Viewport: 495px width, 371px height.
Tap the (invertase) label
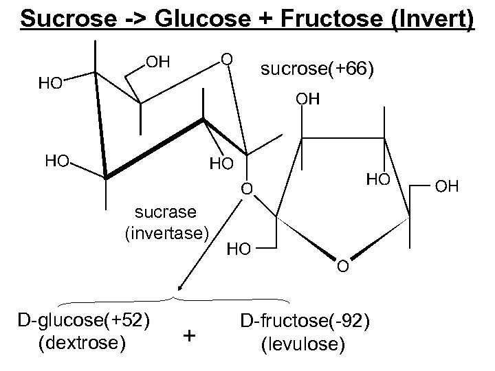click(166, 232)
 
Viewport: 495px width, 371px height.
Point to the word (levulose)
click(304, 342)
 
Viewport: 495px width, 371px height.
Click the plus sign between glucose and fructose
click(190, 335)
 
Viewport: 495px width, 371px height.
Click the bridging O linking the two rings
click(247, 188)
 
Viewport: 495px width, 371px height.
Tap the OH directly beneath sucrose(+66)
click(308, 100)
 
